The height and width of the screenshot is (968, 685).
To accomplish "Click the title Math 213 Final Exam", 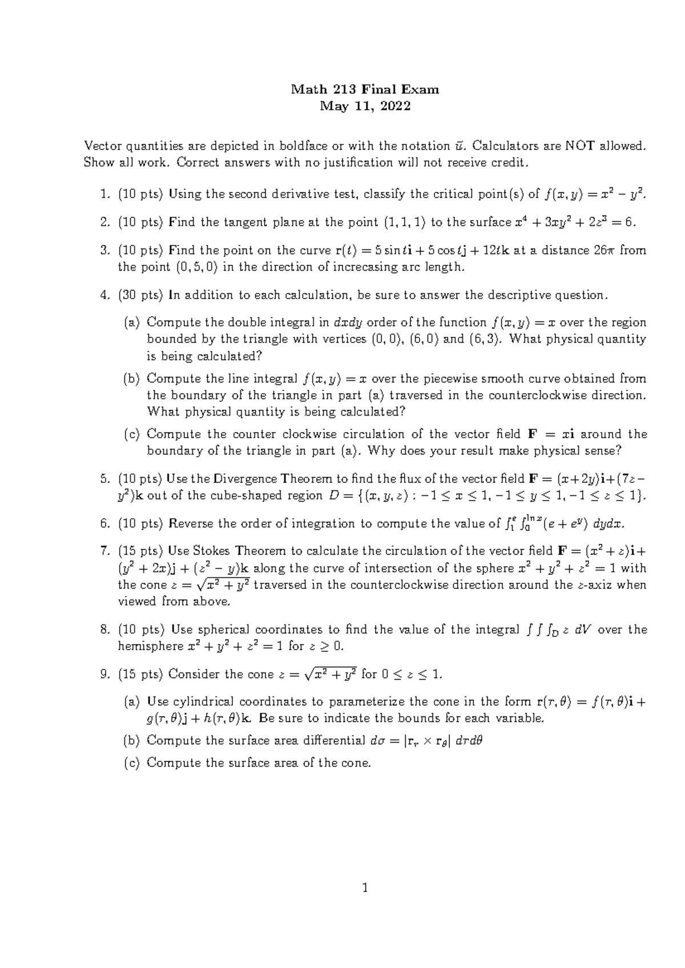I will point(365,89).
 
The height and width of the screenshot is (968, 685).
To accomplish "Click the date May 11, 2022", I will point(365,106).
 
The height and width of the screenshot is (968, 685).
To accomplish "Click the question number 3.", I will point(104,250).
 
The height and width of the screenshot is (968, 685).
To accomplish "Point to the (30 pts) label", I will point(141,295).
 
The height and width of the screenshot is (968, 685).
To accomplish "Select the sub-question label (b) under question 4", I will point(132,378).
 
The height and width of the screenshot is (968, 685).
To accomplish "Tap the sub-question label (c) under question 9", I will point(132,763).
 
